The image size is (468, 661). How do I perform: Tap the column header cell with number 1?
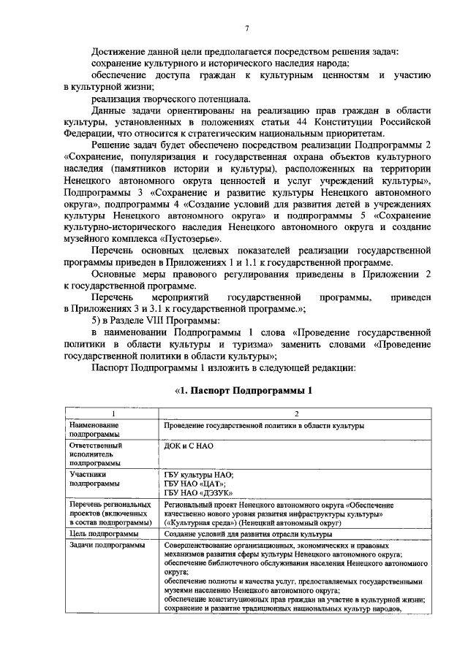coord(112,413)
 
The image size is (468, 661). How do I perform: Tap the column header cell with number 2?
coord(296,413)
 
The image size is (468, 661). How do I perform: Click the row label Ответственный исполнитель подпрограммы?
coord(96,453)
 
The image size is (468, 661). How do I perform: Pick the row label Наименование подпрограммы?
coord(94,429)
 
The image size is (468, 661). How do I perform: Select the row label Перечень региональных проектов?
coord(109,513)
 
